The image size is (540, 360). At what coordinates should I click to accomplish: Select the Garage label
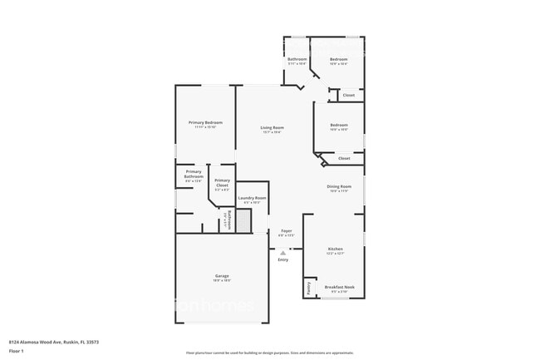pyautogui.click(x=222, y=275)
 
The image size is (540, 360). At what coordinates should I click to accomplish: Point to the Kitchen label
pyautogui.click(x=335, y=249)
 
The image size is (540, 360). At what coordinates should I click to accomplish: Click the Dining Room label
pyautogui.click(x=339, y=186)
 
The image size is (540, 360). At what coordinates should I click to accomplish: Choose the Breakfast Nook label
pyautogui.click(x=339, y=287)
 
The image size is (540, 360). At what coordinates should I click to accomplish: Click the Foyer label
pyautogui.click(x=286, y=230)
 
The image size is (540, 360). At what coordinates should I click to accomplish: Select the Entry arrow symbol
pyautogui.click(x=282, y=251)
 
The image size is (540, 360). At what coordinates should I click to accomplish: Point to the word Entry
pyautogui.click(x=283, y=259)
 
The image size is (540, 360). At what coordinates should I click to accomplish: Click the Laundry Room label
pyautogui.click(x=252, y=198)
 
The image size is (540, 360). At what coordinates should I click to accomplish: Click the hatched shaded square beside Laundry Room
pyautogui.click(x=243, y=221)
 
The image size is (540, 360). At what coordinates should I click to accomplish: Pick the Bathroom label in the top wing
pyautogui.click(x=297, y=60)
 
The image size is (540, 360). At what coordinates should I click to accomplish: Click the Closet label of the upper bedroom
pyautogui.click(x=348, y=95)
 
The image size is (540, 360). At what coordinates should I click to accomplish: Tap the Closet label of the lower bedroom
pyautogui.click(x=344, y=157)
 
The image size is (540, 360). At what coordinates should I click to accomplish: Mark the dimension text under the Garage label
pyautogui.click(x=222, y=280)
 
